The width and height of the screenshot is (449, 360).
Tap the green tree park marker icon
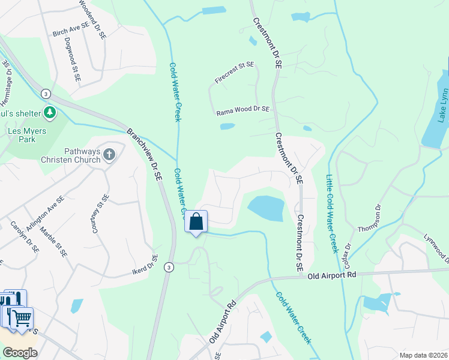click(x=50, y=112)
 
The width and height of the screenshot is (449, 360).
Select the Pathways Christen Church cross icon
click(x=109, y=155)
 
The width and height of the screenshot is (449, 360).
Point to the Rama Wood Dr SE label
click(x=243, y=110)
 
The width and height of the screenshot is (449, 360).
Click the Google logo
click(x=20, y=353)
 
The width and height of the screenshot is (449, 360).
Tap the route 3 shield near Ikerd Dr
click(x=169, y=268)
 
